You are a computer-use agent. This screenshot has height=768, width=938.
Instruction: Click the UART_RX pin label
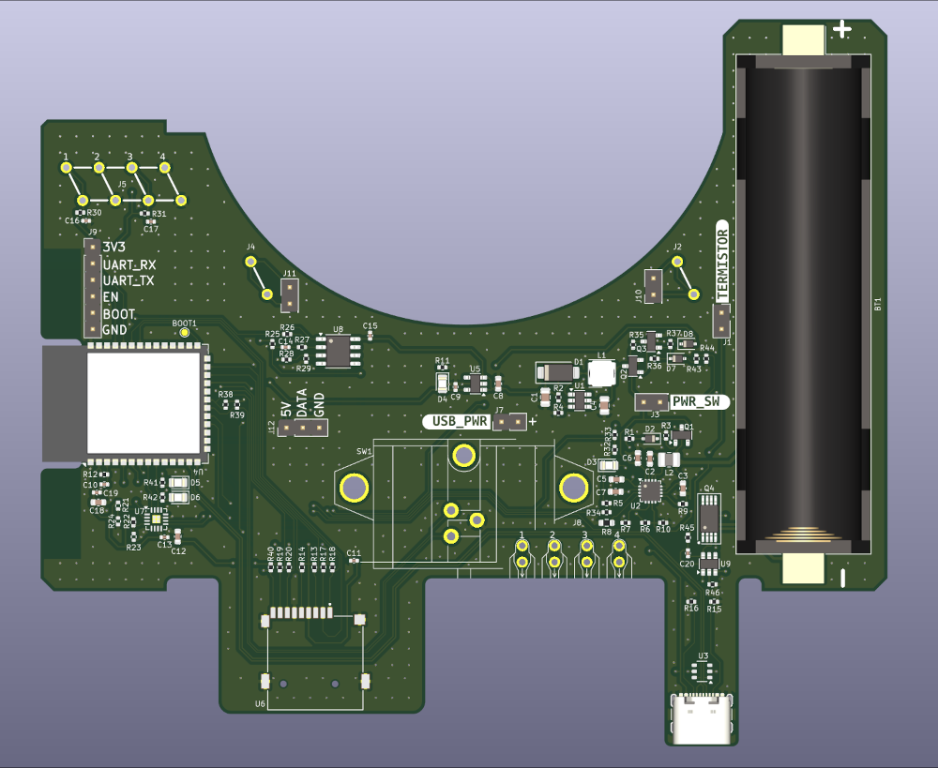click(x=129, y=264)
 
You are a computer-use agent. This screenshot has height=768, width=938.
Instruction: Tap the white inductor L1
click(x=601, y=372)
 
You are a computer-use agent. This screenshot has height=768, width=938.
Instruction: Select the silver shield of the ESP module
click(x=144, y=401)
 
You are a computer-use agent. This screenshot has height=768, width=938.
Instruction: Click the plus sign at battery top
click(x=842, y=30)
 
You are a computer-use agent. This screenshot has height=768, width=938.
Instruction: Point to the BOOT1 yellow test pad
click(x=185, y=333)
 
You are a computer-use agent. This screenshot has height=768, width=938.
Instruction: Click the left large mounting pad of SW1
click(x=355, y=488)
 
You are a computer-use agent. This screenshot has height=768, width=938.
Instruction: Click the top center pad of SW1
click(x=463, y=457)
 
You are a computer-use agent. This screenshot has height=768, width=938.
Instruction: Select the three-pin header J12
click(x=304, y=429)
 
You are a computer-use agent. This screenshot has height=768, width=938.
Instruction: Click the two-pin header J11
click(x=291, y=294)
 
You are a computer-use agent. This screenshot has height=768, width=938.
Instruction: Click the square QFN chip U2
click(x=649, y=489)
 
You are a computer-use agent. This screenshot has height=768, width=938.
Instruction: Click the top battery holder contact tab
click(x=803, y=39)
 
